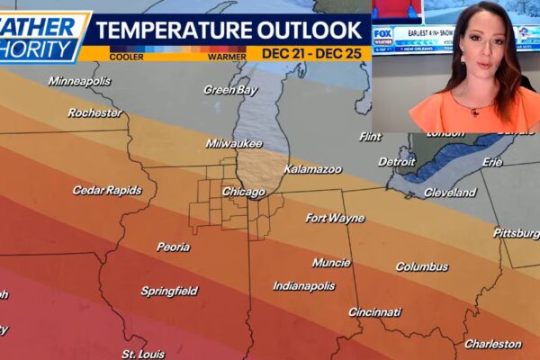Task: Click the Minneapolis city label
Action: [79, 81]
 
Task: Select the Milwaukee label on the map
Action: [233, 143]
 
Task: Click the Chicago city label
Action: [243, 192]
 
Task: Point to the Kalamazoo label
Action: [312, 168]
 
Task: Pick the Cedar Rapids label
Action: [107, 190]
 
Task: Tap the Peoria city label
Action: [173, 247]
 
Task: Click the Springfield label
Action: [169, 291]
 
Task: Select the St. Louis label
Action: [143, 353]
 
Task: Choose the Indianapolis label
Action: [304, 286]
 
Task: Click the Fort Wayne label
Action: [335, 218]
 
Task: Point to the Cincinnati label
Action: [375, 312]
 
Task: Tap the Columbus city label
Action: [421, 266]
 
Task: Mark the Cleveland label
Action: [450, 193]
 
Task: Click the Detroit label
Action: [397, 162]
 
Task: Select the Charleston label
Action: [492, 344]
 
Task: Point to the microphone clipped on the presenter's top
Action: [474, 112]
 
